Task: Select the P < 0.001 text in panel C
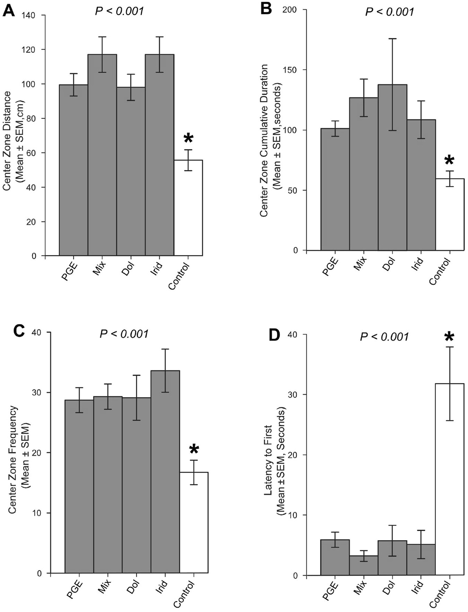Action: pyautogui.click(x=124, y=334)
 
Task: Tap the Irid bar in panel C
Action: pyautogui.click(x=165, y=471)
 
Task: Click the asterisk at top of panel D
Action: pyautogui.click(x=449, y=337)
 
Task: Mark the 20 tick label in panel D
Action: pyautogui.click(x=293, y=455)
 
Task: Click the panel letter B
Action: pyautogui.click(x=266, y=8)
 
